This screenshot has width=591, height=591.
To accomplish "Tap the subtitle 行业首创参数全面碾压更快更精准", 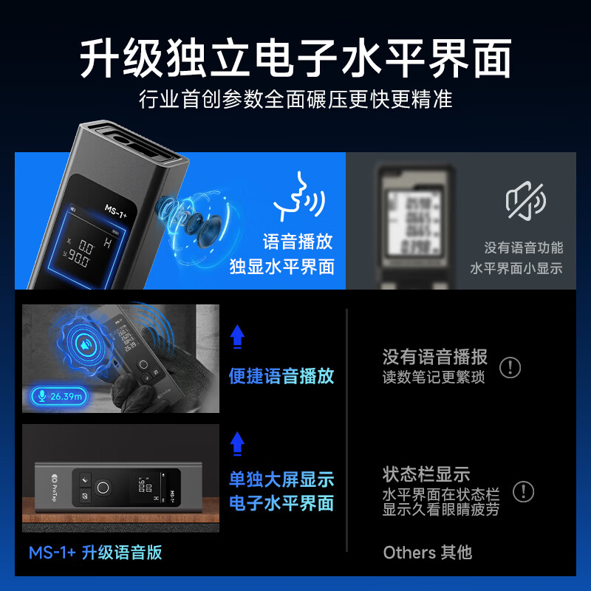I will [x=295, y=99].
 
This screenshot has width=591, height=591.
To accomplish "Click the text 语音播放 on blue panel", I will [x=298, y=242].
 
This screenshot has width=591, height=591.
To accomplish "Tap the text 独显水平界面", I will [x=281, y=267].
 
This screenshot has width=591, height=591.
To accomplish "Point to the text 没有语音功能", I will [x=523, y=248].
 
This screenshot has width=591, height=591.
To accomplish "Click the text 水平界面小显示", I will [x=516, y=268].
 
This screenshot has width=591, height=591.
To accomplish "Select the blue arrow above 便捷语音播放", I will [x=237, y=337].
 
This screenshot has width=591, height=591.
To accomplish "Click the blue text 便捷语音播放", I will [x=281, y=376].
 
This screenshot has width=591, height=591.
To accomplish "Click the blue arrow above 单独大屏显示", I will [x=237, y=443].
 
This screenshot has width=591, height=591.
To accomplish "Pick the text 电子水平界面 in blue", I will [x=281, y=503].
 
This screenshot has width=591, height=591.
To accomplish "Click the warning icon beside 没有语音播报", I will [x=510, y=367].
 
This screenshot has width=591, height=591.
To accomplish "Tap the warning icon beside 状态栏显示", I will [x=523, y=491].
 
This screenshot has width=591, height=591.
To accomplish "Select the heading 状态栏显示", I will [x=426, y=474].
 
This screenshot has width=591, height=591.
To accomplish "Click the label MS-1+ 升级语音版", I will [x=95, y=552].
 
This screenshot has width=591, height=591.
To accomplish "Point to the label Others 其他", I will [x=427, y=552].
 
